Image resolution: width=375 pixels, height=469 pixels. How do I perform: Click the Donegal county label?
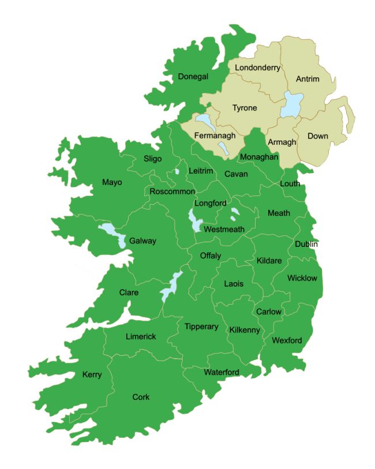coord(193,77)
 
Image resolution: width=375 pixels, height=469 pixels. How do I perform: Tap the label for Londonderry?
coord(257,67)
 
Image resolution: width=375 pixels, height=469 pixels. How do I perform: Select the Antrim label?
coord(307,78)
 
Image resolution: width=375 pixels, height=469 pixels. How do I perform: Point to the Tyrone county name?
coord(245,108)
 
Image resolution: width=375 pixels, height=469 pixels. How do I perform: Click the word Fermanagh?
coord(215,136)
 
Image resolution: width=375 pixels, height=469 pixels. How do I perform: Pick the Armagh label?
coord(282,142)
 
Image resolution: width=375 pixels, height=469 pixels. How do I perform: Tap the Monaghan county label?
coord(259,157)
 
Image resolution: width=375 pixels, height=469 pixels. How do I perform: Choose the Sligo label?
coord(153,159)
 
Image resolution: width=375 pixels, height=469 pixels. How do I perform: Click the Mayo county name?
coord(112,182)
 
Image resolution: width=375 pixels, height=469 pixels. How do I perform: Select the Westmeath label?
coord(224,229)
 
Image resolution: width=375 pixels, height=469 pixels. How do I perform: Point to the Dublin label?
coord(306,244)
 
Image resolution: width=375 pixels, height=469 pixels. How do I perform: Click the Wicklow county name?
coord(302,278)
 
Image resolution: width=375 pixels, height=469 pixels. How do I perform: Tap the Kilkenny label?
coord(245,330)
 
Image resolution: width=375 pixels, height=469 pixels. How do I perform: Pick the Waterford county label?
coord(221,372)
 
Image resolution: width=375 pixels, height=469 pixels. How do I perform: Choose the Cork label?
coord(141,397)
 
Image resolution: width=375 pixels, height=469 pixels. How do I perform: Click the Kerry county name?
coord(92,374)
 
